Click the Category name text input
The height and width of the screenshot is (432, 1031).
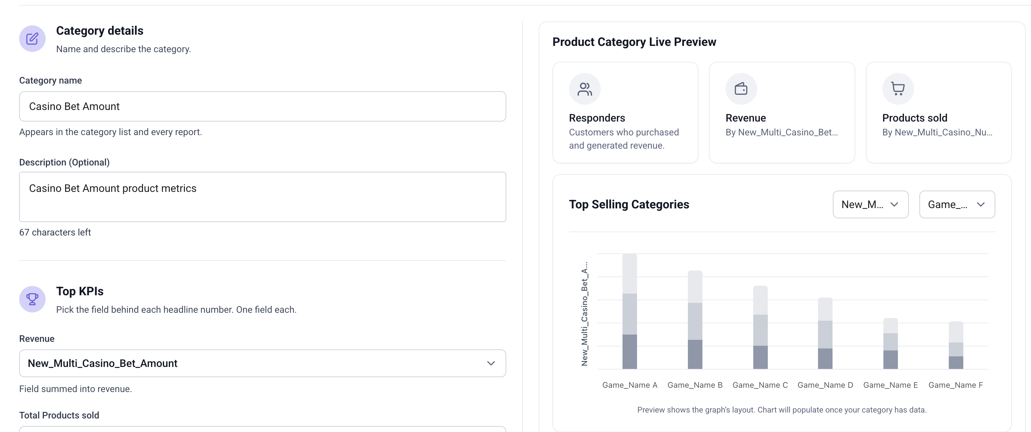pyautogui.click(x=263, y=106)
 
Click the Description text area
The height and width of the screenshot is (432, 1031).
pyautogui.click(x=263, y=197)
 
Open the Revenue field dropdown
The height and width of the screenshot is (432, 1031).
pyautogui.click(x=263, y=363)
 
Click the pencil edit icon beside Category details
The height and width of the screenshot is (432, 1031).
pyautogui.click(x=32, y=39)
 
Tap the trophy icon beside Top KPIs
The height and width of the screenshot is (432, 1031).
pyautogui.click(x=32, y=299)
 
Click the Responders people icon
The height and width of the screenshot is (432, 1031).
pyautogui.click(x=585, y=89)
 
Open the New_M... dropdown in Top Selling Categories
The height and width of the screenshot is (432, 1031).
pyautogui.click(x=871, y=204)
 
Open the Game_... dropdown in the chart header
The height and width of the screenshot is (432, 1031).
pyautogui.click(x=957, y=204)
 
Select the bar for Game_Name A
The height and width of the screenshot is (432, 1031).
pyautogui.click(x=629, y=311)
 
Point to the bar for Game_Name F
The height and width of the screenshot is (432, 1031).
pyautogui.click(x=956, y=345)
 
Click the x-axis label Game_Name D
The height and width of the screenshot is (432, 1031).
pyautogui.click(x=825, y=385)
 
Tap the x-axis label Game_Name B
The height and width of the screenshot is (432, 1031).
pyautogui.click(x=695, y=385)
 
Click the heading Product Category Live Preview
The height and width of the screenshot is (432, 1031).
pyautogui.click(x=634, y=42)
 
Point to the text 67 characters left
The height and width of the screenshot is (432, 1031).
pyautogui.click(x=55, y=233)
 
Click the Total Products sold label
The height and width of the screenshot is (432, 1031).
pyautogui.click(x=59, y=415)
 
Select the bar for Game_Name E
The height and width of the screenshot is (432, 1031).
pyautogui.click(x=891, y=343)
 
